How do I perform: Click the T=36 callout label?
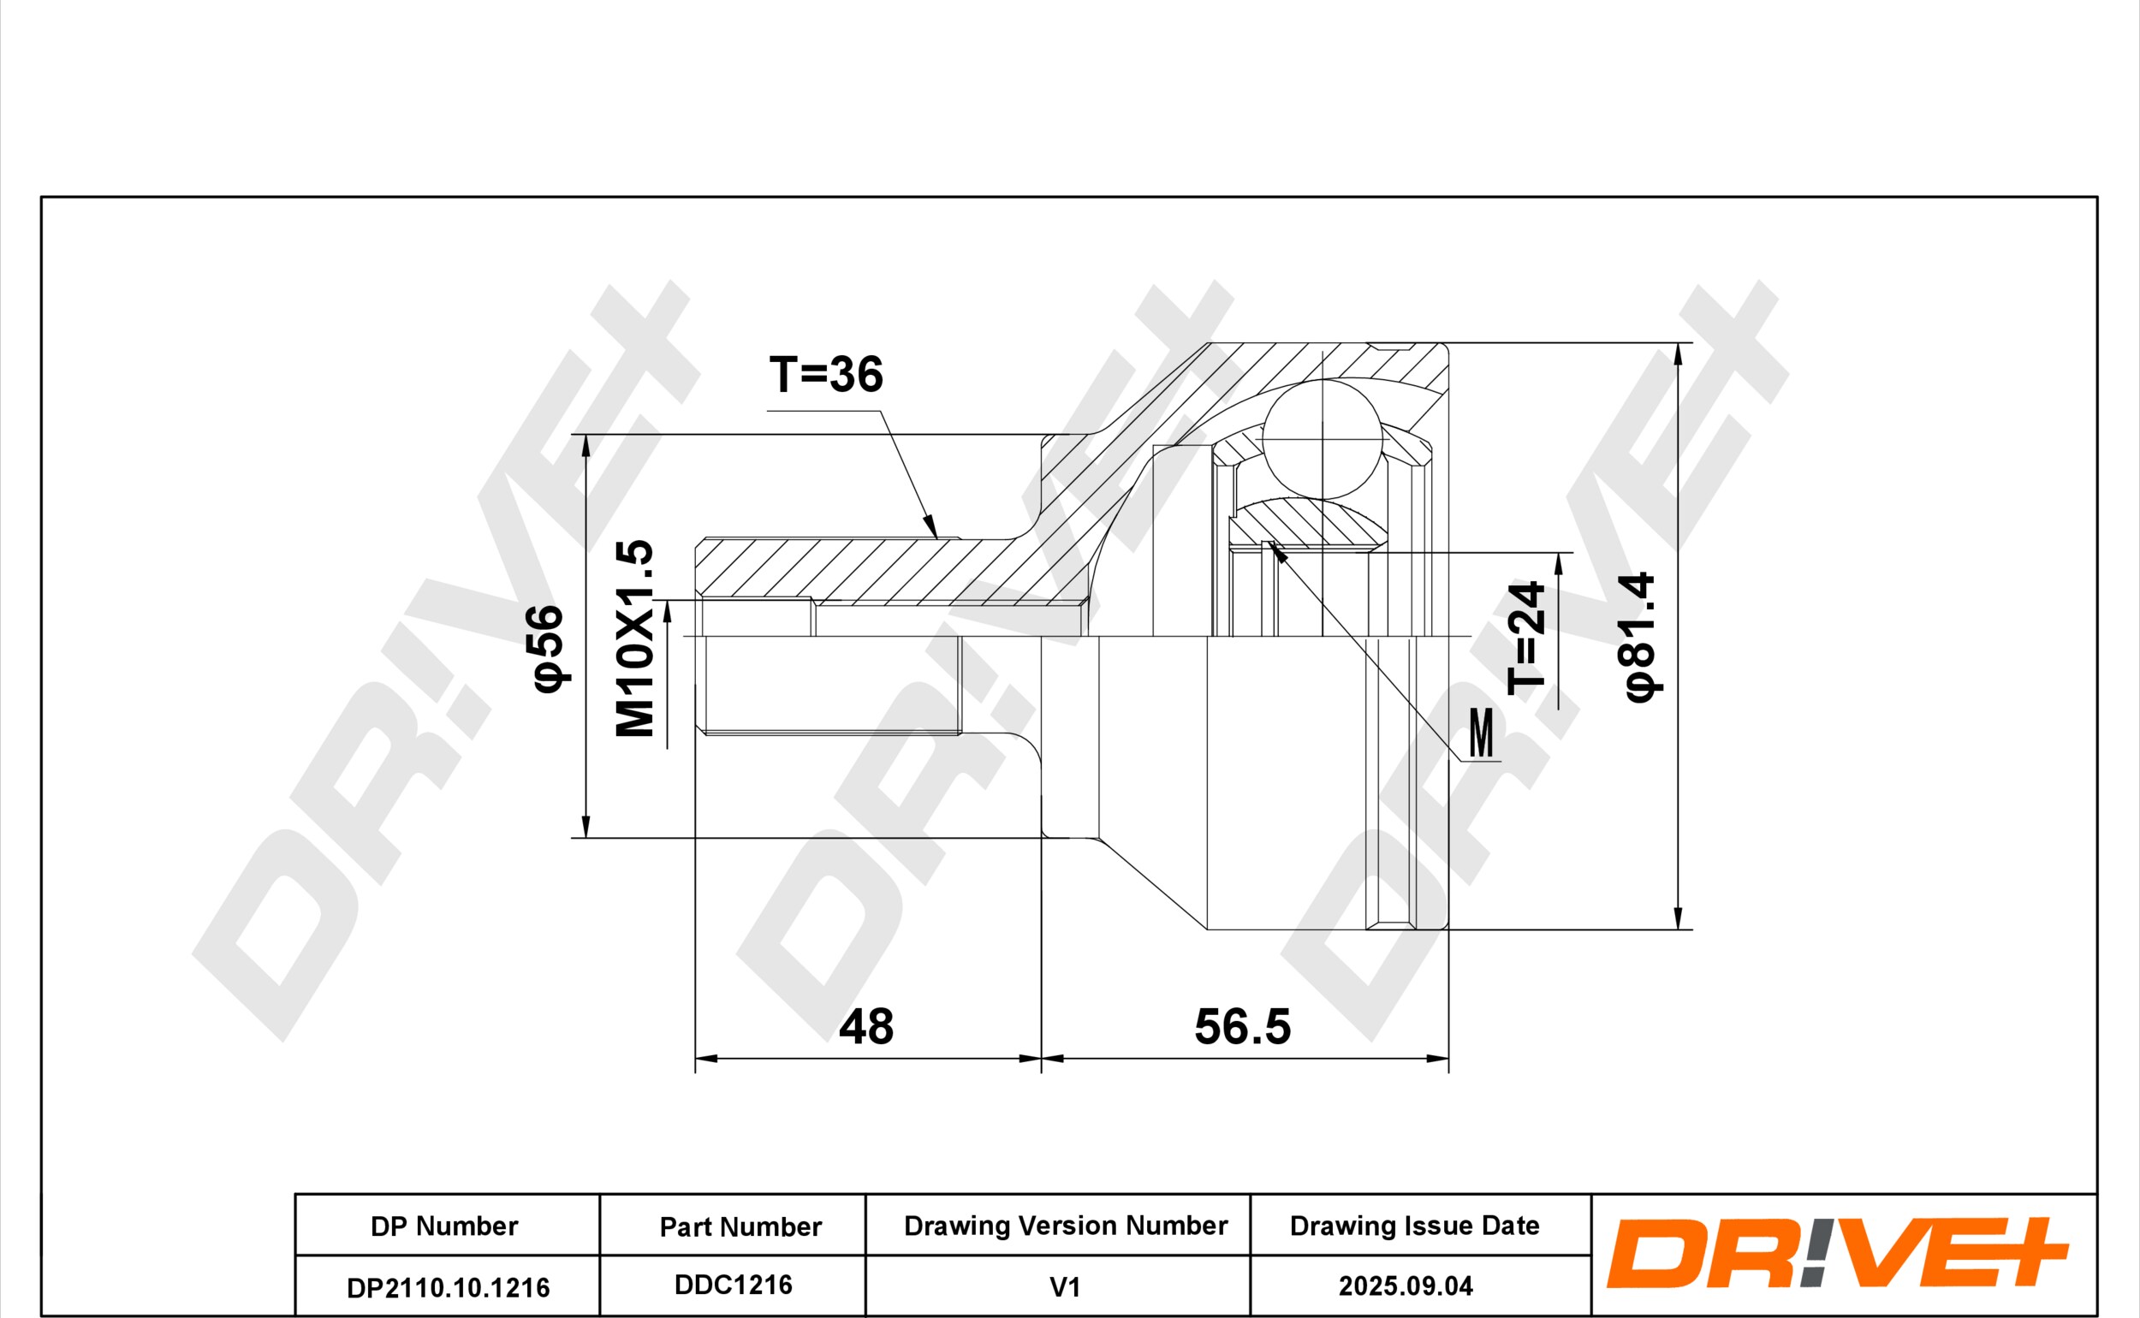pyautogui.click(x=825, y=374)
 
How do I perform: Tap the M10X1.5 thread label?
pyautogui.click(x=634, y=638)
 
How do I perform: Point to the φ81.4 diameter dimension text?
pyautogui.click(x=1639, y=638)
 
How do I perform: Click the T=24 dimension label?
pyautogui.click(x=1526, y=638)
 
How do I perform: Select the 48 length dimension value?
pyautogui.click(x=865, y=1027)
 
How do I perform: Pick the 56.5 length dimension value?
pyautogui.click(x=1242, y=1027)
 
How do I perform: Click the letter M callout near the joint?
pyautogui.click(x=1481, y=733)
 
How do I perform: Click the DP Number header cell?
pyautogui.click(x=444, y=1226)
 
